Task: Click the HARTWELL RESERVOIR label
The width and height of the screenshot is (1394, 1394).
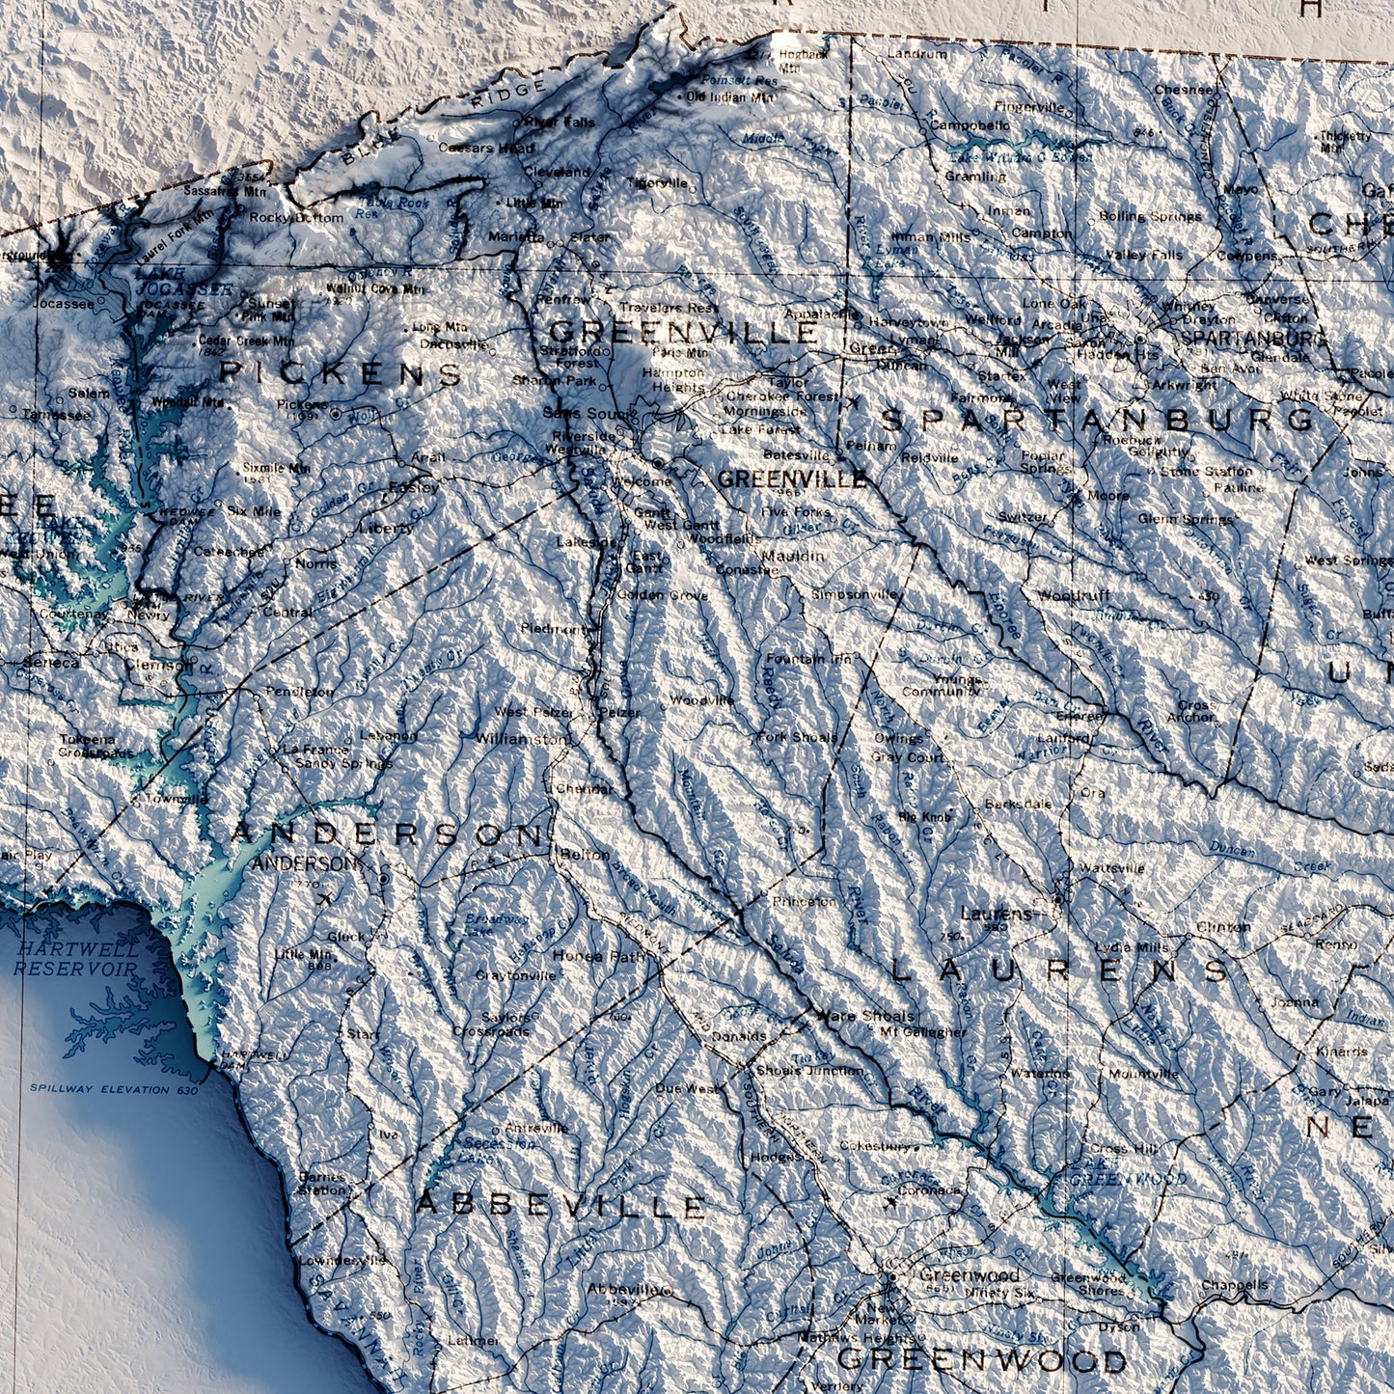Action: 77,959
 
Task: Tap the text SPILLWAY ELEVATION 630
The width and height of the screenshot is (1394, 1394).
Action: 114,1089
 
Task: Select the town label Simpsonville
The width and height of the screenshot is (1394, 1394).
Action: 855,594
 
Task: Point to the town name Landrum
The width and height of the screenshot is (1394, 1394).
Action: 916,55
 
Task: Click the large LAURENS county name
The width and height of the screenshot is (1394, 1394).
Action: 1060,970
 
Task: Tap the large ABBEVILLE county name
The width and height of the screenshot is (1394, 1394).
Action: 560,1206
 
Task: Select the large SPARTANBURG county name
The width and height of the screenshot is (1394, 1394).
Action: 1098,420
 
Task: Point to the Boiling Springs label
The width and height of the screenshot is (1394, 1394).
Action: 1150,216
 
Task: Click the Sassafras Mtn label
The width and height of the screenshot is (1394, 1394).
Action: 202,192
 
